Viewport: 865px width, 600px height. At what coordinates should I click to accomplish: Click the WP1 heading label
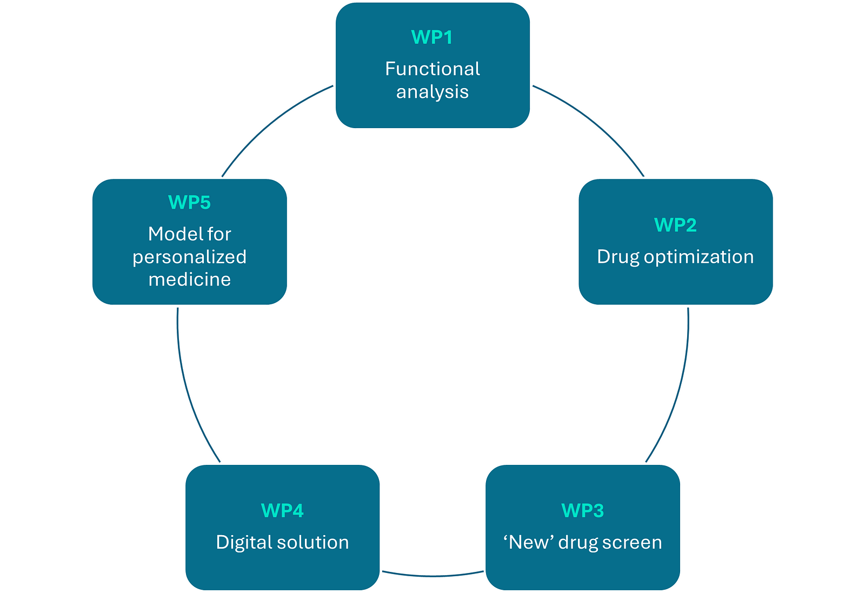tap(432, 37)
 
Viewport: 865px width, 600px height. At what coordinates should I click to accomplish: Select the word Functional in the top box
tap(432, 69)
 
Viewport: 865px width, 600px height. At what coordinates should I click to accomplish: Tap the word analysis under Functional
tap(432, 92)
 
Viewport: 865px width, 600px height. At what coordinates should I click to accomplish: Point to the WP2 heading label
tap(675, 225)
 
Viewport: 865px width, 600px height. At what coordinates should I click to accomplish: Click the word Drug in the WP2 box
tap(618, 257)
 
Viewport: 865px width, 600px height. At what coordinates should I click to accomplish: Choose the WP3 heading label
tap(582, 510)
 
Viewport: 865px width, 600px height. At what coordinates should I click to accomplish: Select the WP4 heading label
tap(282, 510)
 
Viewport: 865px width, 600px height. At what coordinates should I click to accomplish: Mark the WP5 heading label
tap(189, 202)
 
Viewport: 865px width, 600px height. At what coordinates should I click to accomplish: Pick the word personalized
tap(189, 257)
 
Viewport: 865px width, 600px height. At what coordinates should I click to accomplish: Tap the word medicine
tap(190, 279)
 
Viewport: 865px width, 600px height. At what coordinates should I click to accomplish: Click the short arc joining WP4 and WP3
tap(432, 576)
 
